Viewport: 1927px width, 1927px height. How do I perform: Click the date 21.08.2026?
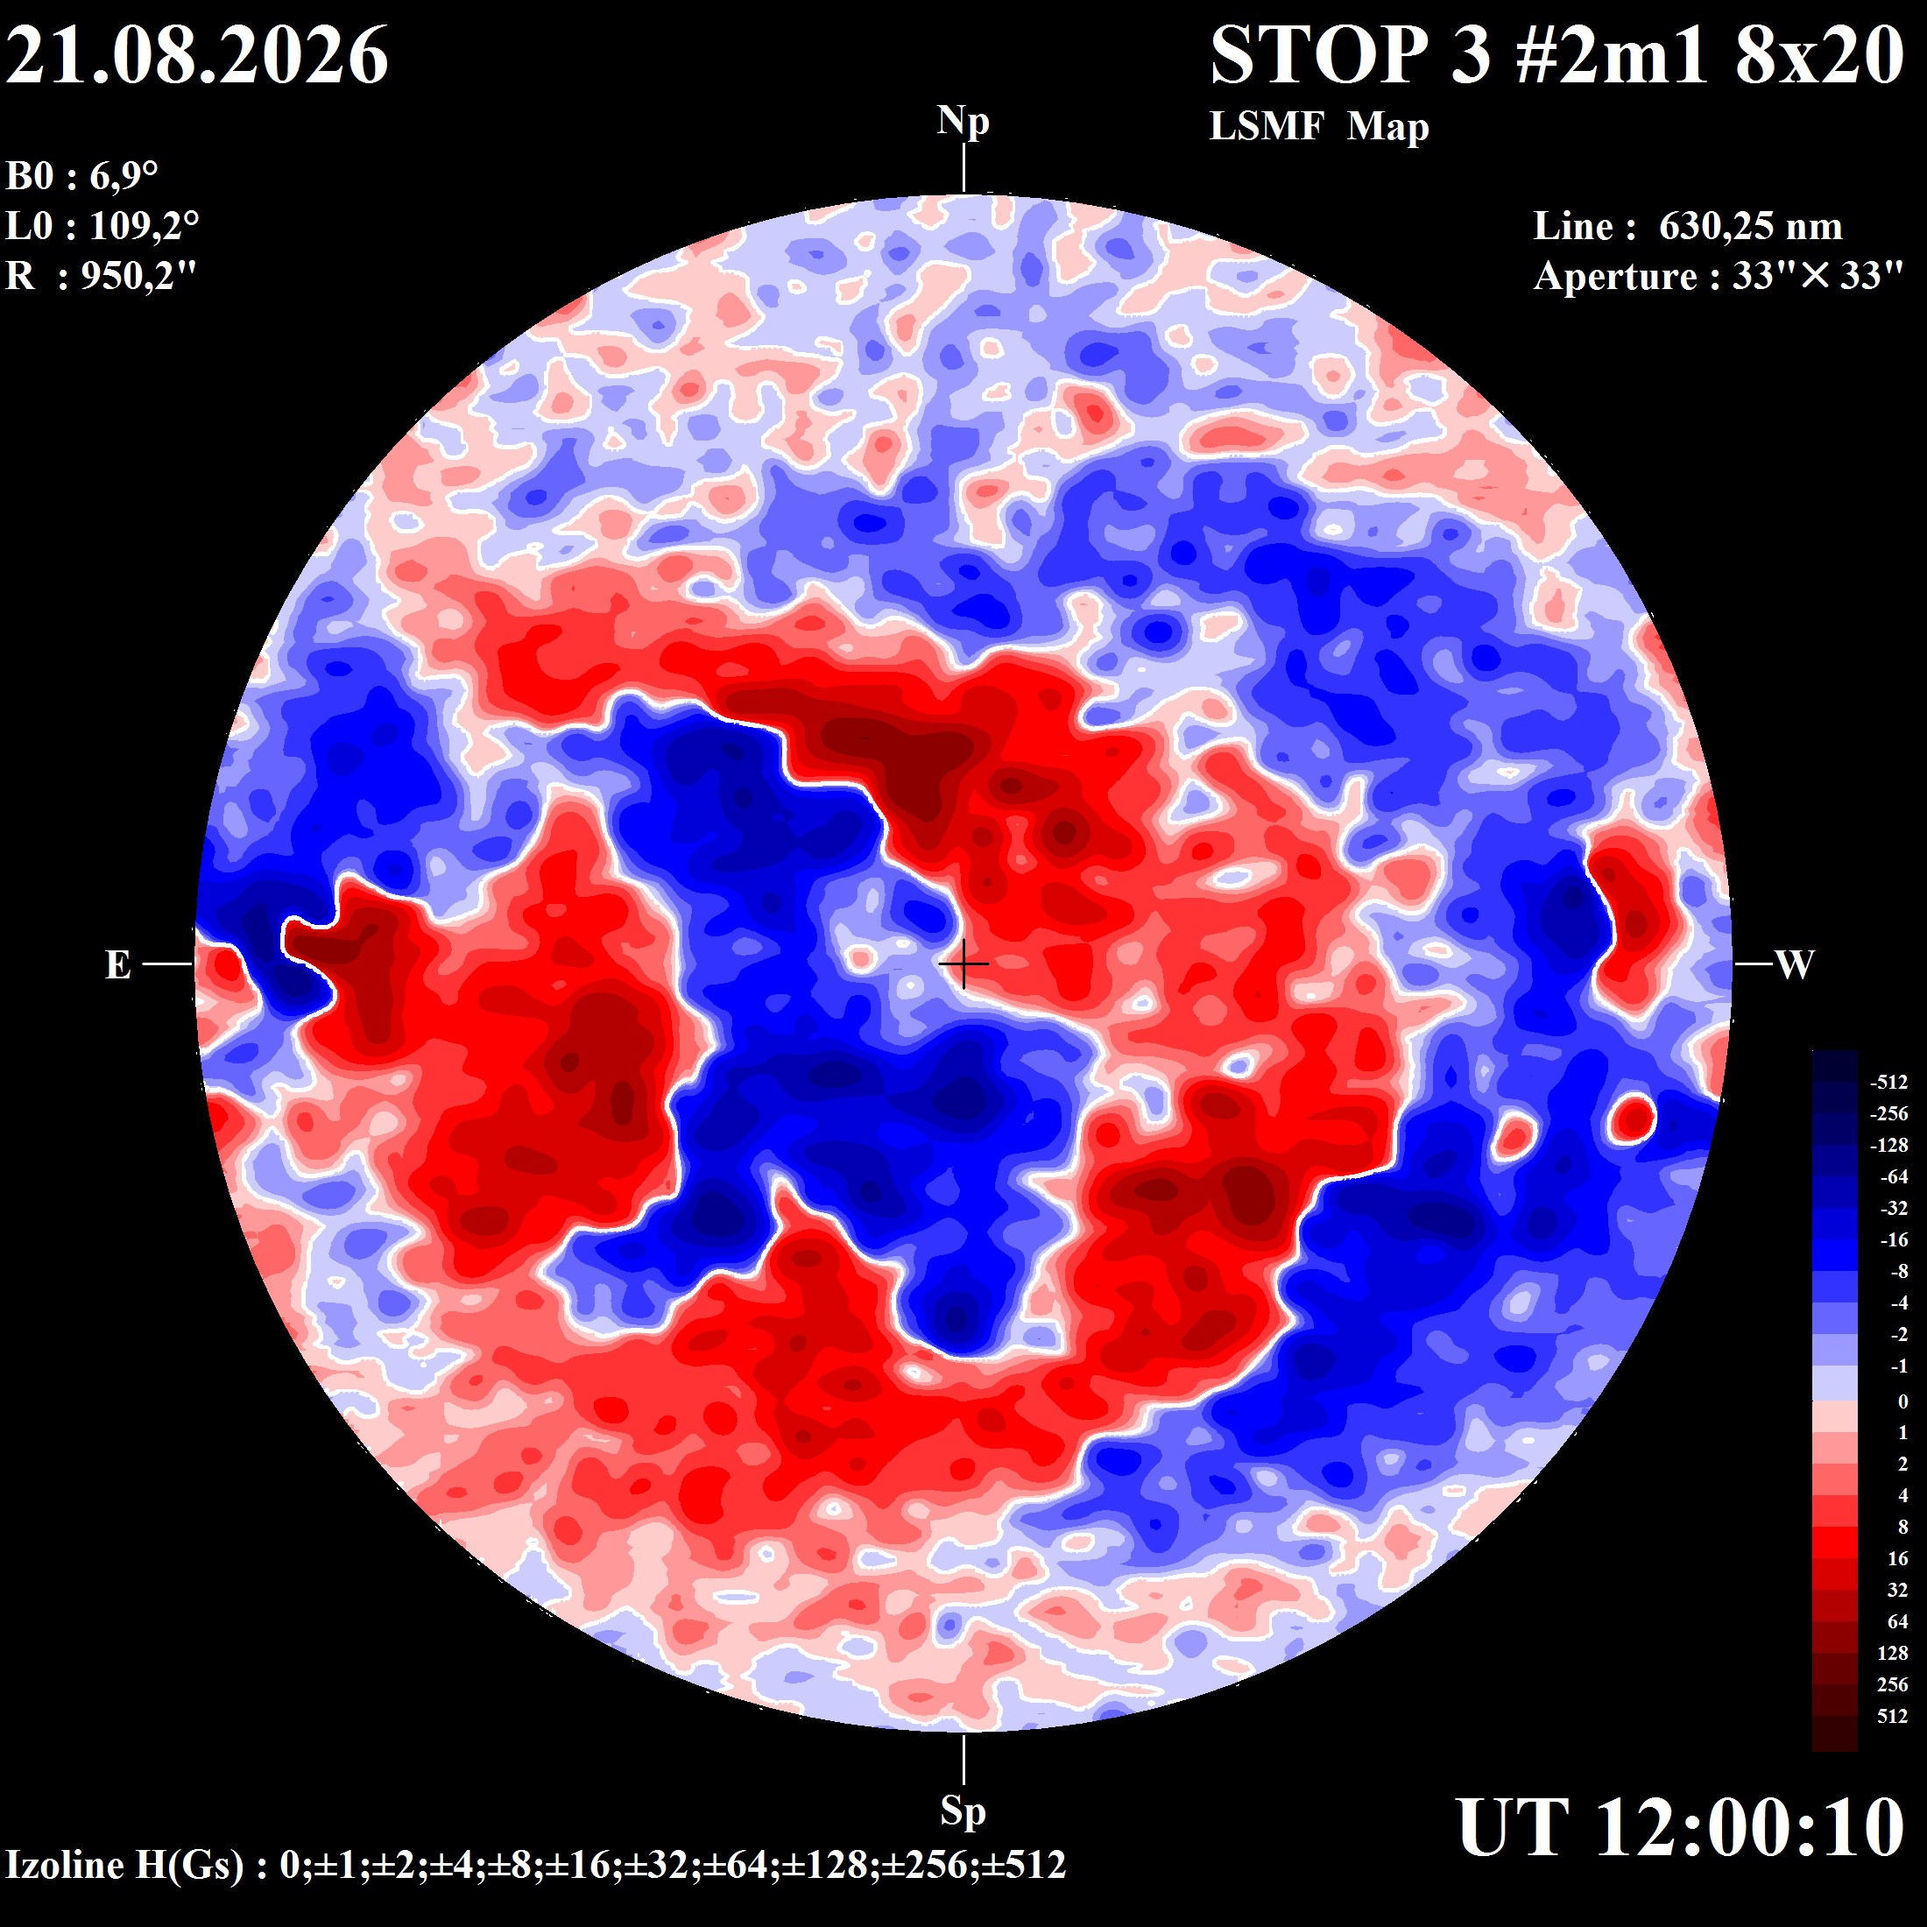point(196,55)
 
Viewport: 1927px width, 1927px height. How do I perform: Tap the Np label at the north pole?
point(963,123)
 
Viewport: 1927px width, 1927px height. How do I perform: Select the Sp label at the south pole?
point(963,1811)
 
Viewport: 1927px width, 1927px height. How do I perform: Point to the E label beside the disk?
point(117,964)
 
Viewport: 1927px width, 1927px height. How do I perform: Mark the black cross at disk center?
point(963,964)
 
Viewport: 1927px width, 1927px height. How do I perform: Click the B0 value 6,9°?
point(124,177)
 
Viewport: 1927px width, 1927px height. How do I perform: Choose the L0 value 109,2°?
point(145,226)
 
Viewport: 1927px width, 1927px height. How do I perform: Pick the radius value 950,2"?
point(138,275)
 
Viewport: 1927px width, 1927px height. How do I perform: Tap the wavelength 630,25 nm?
point(1750,226)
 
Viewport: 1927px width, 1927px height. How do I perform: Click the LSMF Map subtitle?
point(1318,128)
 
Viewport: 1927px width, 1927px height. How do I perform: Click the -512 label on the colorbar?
point(1889,1083)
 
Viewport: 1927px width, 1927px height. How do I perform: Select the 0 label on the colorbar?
point(1903,1401)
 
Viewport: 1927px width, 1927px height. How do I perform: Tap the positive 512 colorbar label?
point(1892,1716)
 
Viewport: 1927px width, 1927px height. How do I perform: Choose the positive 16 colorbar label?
point(1897,1558)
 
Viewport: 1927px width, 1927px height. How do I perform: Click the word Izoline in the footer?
point(67,1864)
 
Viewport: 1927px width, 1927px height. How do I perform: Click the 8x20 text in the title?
point(1819,55)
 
